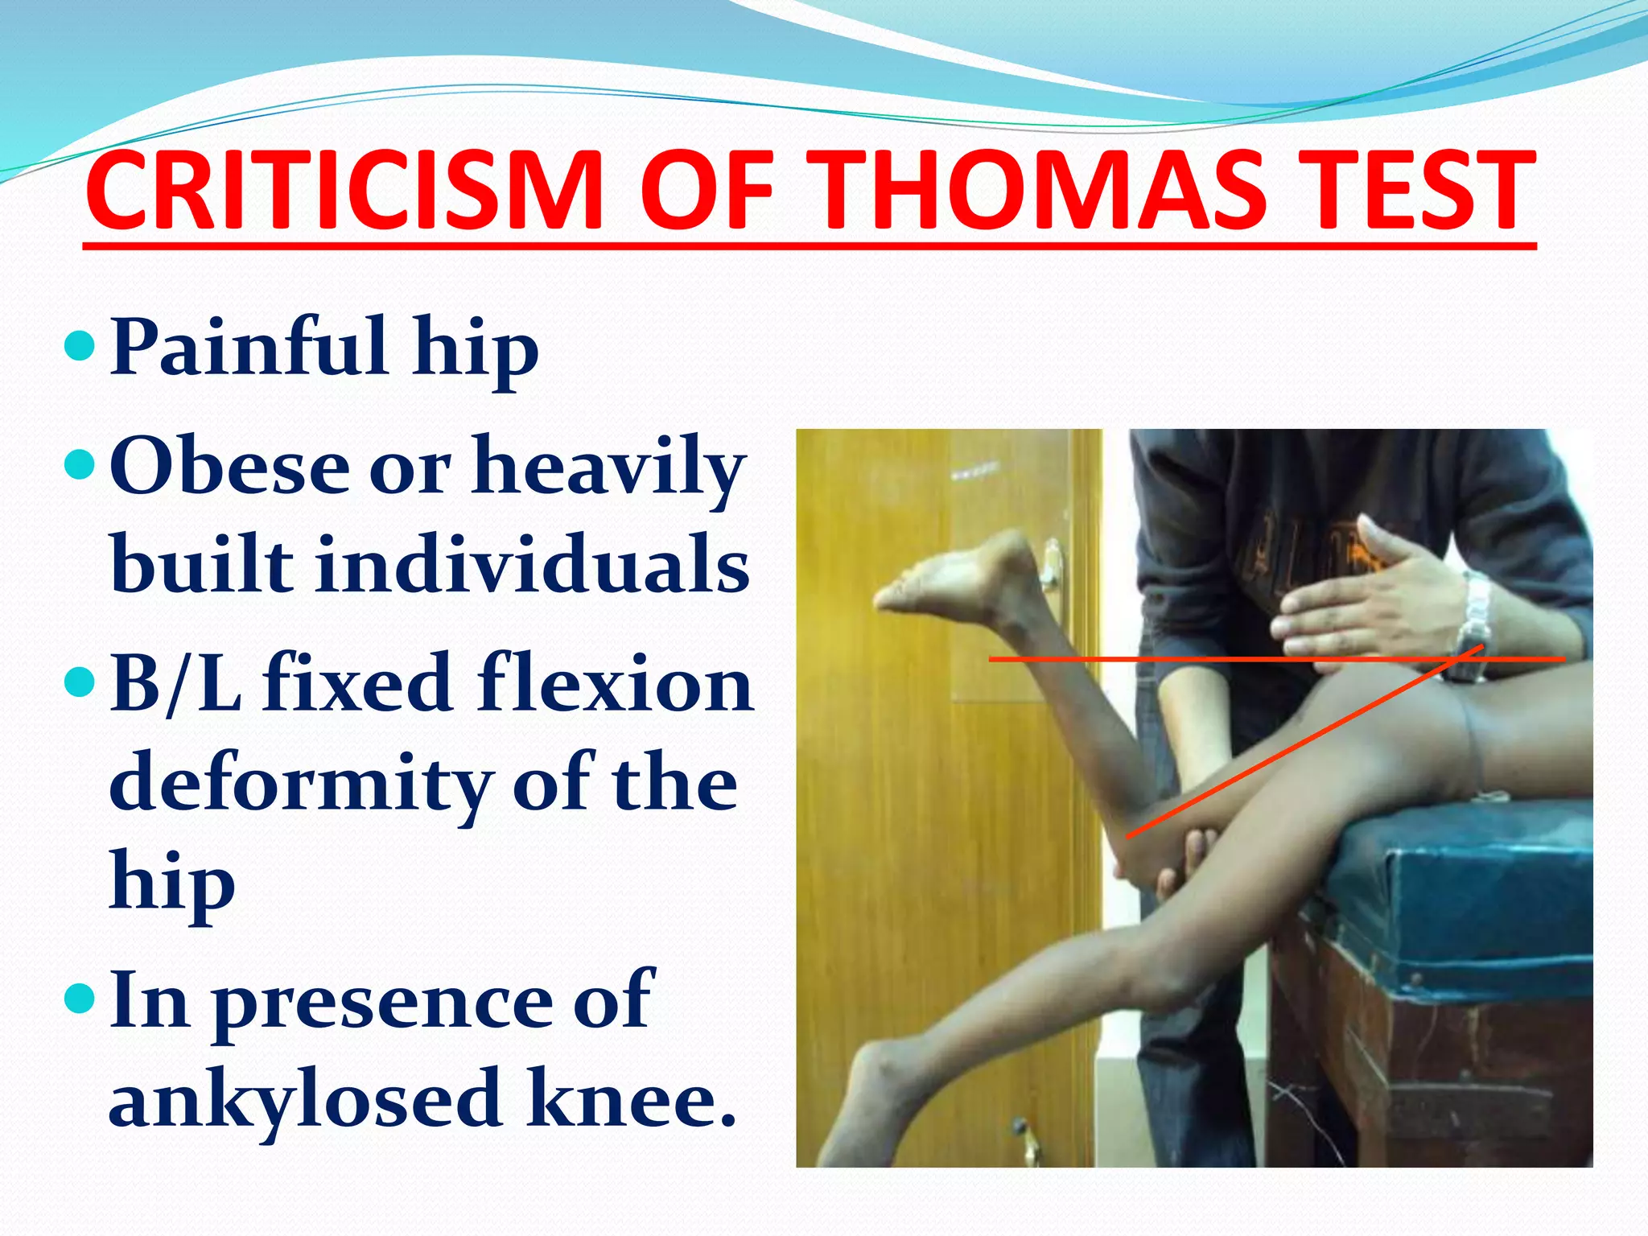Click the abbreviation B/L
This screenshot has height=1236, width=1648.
click(x=175, y=684)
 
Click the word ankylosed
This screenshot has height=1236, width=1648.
click(x=306, y=1098)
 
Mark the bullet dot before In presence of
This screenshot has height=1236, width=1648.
click(x=79, y=999)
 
